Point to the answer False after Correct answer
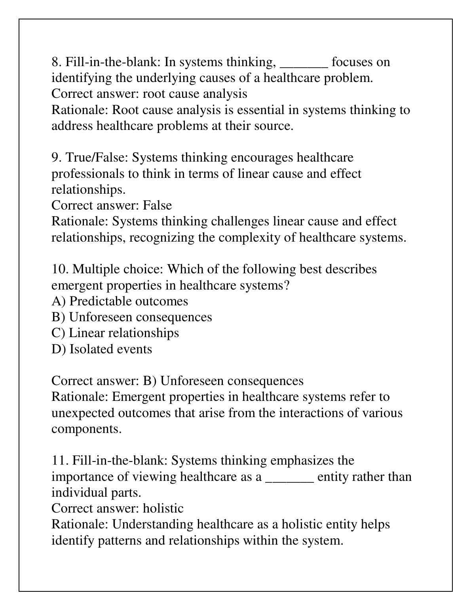pos(157,205)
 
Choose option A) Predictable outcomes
pos(120,301)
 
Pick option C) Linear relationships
pos(115,333)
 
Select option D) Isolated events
pos(102,349)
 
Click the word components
pos(86,429)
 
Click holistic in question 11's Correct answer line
pos(163,508)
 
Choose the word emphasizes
pos(302,461)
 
